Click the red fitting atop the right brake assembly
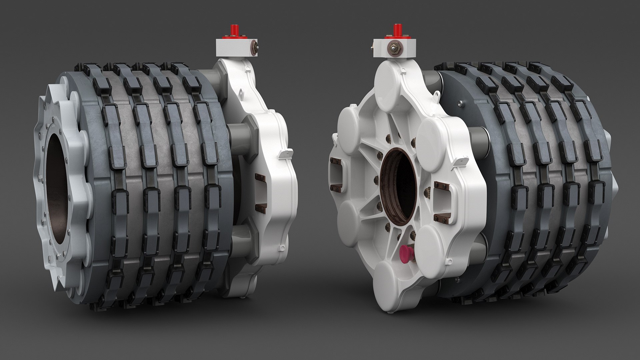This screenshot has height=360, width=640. (x=397, y=30)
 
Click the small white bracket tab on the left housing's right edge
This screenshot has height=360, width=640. (x=285, y=154)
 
